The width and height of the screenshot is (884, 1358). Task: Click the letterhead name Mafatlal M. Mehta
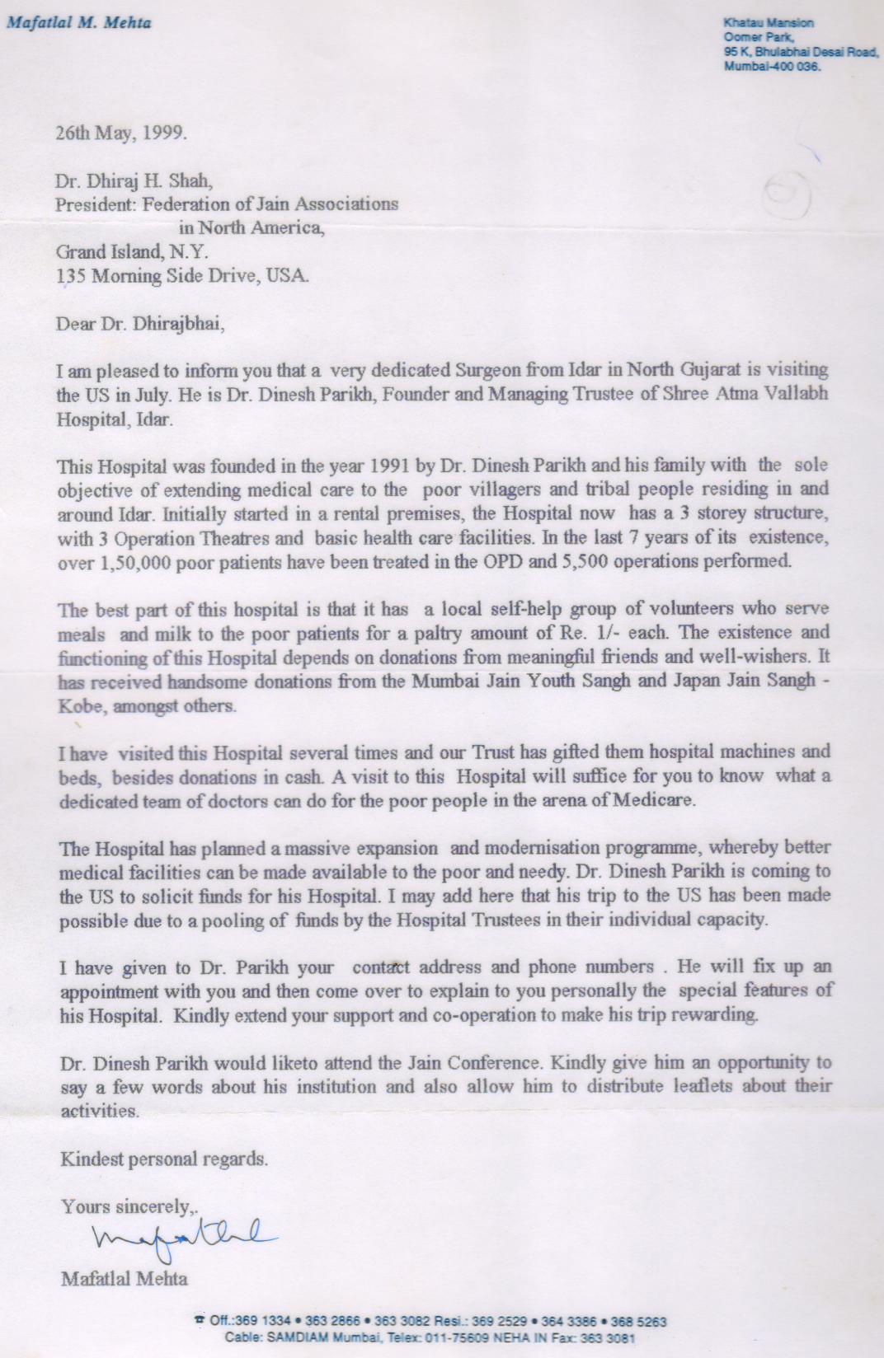point(79,23)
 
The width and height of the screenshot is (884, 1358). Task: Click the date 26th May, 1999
point(120,133)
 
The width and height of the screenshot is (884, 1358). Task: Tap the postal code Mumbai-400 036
point(772,68)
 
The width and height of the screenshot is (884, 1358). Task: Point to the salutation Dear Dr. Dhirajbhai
point(139,324)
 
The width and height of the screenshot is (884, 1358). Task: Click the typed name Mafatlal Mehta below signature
point(124,1279)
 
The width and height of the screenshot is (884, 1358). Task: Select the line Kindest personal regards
point(164,1159)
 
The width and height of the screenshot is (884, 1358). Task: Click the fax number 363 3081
point(614,1339)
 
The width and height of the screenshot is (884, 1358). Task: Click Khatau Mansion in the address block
point(769,23)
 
